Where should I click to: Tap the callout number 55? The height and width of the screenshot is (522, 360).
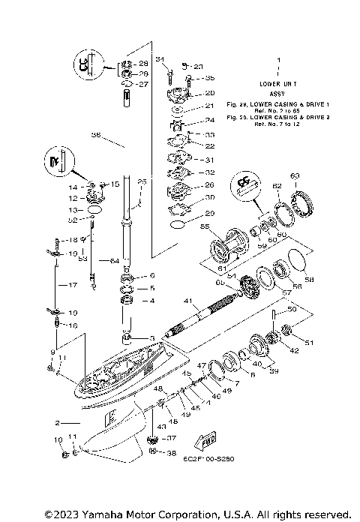(x=203, y=225)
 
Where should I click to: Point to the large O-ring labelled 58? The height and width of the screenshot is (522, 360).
(x=296, y=262)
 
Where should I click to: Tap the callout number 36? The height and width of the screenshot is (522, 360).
(x=95, y=136)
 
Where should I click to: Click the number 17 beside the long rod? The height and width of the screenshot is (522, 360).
(x=73, y=285)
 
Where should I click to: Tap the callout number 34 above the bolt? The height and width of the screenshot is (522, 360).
(x=159, y=58)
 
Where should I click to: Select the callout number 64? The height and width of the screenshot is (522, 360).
(x=114, y=260)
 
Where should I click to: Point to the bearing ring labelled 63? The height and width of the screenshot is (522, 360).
(x=305, y=203)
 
